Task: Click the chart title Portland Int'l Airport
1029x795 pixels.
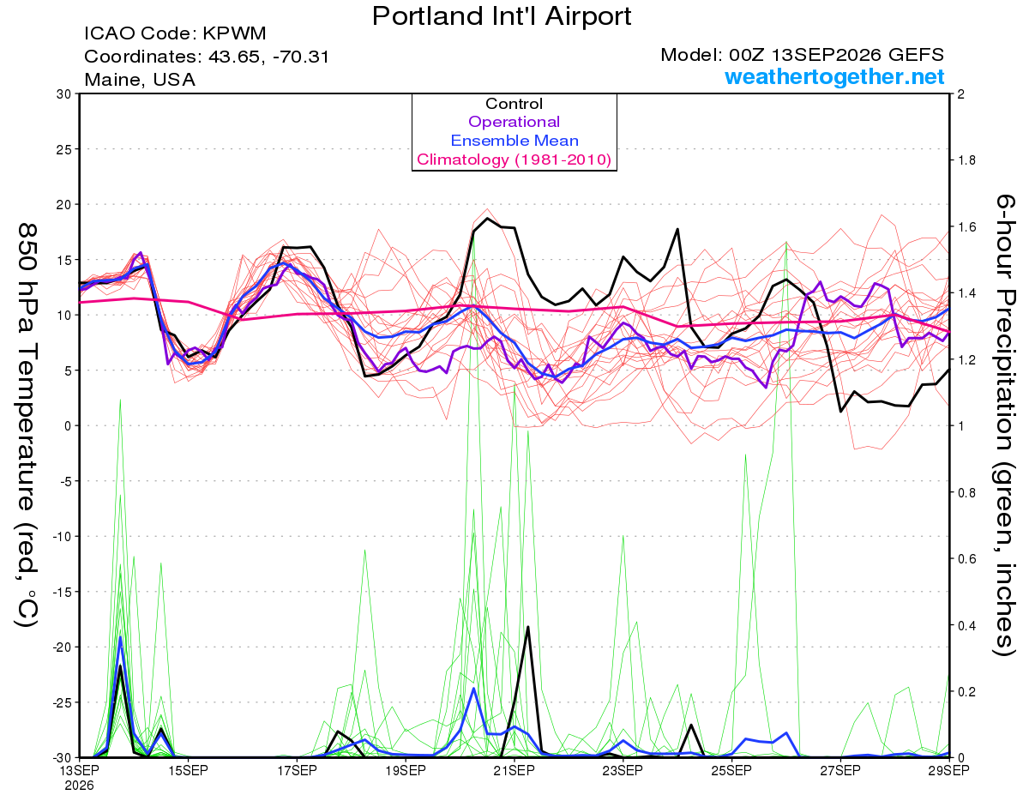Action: click(x=502, y=16)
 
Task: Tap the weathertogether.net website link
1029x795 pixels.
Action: click(x=834, y=76)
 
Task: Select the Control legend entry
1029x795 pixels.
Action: click(x=514, y=103)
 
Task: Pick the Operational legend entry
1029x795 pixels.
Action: click(x=514, y=122)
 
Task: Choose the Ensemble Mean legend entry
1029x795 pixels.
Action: click(x=514, y=141)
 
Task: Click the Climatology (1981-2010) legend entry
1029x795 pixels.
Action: click(x=514, y=160)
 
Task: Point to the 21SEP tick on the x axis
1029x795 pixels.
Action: click(x=514, y=771)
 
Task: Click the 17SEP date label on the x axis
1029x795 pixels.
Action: click(x=297, y=771)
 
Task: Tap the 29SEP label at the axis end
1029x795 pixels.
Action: click(x=948, y=771)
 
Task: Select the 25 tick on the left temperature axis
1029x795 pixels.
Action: click(x=63, y=149)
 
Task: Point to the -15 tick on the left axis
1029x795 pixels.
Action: click(x=61, y=592)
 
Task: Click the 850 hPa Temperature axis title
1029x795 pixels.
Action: click(x=27, y=425)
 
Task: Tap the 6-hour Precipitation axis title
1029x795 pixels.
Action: click(x=1003, y=425)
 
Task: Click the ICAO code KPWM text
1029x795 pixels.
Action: click(x=175, y=33)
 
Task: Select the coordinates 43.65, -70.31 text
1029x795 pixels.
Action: click(x=207, y=57)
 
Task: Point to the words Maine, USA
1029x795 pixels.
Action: click(x=140, y=80)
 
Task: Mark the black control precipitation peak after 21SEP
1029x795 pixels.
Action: click(x=527, y=626)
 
